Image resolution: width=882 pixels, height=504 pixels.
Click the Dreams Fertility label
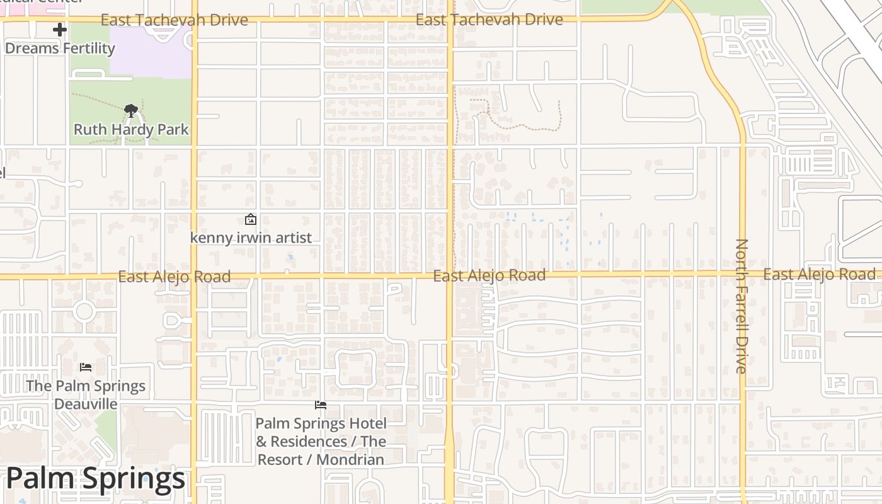(60, 49)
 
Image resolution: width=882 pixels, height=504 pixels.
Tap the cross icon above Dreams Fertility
(60, 30)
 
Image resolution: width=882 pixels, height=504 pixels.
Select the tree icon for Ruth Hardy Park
(131, 112)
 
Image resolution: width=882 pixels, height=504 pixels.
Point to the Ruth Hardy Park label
(131, 130)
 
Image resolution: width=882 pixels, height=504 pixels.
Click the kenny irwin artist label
(251, 238)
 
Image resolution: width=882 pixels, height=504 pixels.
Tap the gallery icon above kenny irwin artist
(251, 219)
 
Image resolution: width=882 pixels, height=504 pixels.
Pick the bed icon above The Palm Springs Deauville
(86, 367)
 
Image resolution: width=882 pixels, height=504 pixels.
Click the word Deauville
(86, 403)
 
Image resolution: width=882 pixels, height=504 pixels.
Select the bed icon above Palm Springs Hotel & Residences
(321, 405)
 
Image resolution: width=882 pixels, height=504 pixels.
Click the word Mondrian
(350, 460)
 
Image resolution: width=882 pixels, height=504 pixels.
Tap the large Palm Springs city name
(96, 479)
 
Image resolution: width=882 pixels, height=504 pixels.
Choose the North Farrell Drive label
(742, 306)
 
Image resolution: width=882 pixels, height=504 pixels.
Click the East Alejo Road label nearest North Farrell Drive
(819, 274)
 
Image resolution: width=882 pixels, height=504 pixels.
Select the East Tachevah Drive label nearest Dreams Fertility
(175, 20)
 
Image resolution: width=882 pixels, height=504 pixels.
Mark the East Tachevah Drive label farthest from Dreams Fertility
(489, 20)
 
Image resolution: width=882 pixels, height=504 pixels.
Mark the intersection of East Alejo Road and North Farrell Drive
(743, 274)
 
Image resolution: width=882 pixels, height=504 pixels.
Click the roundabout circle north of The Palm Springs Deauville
(84, 311)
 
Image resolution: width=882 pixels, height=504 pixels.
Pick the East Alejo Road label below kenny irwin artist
(175, 277)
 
